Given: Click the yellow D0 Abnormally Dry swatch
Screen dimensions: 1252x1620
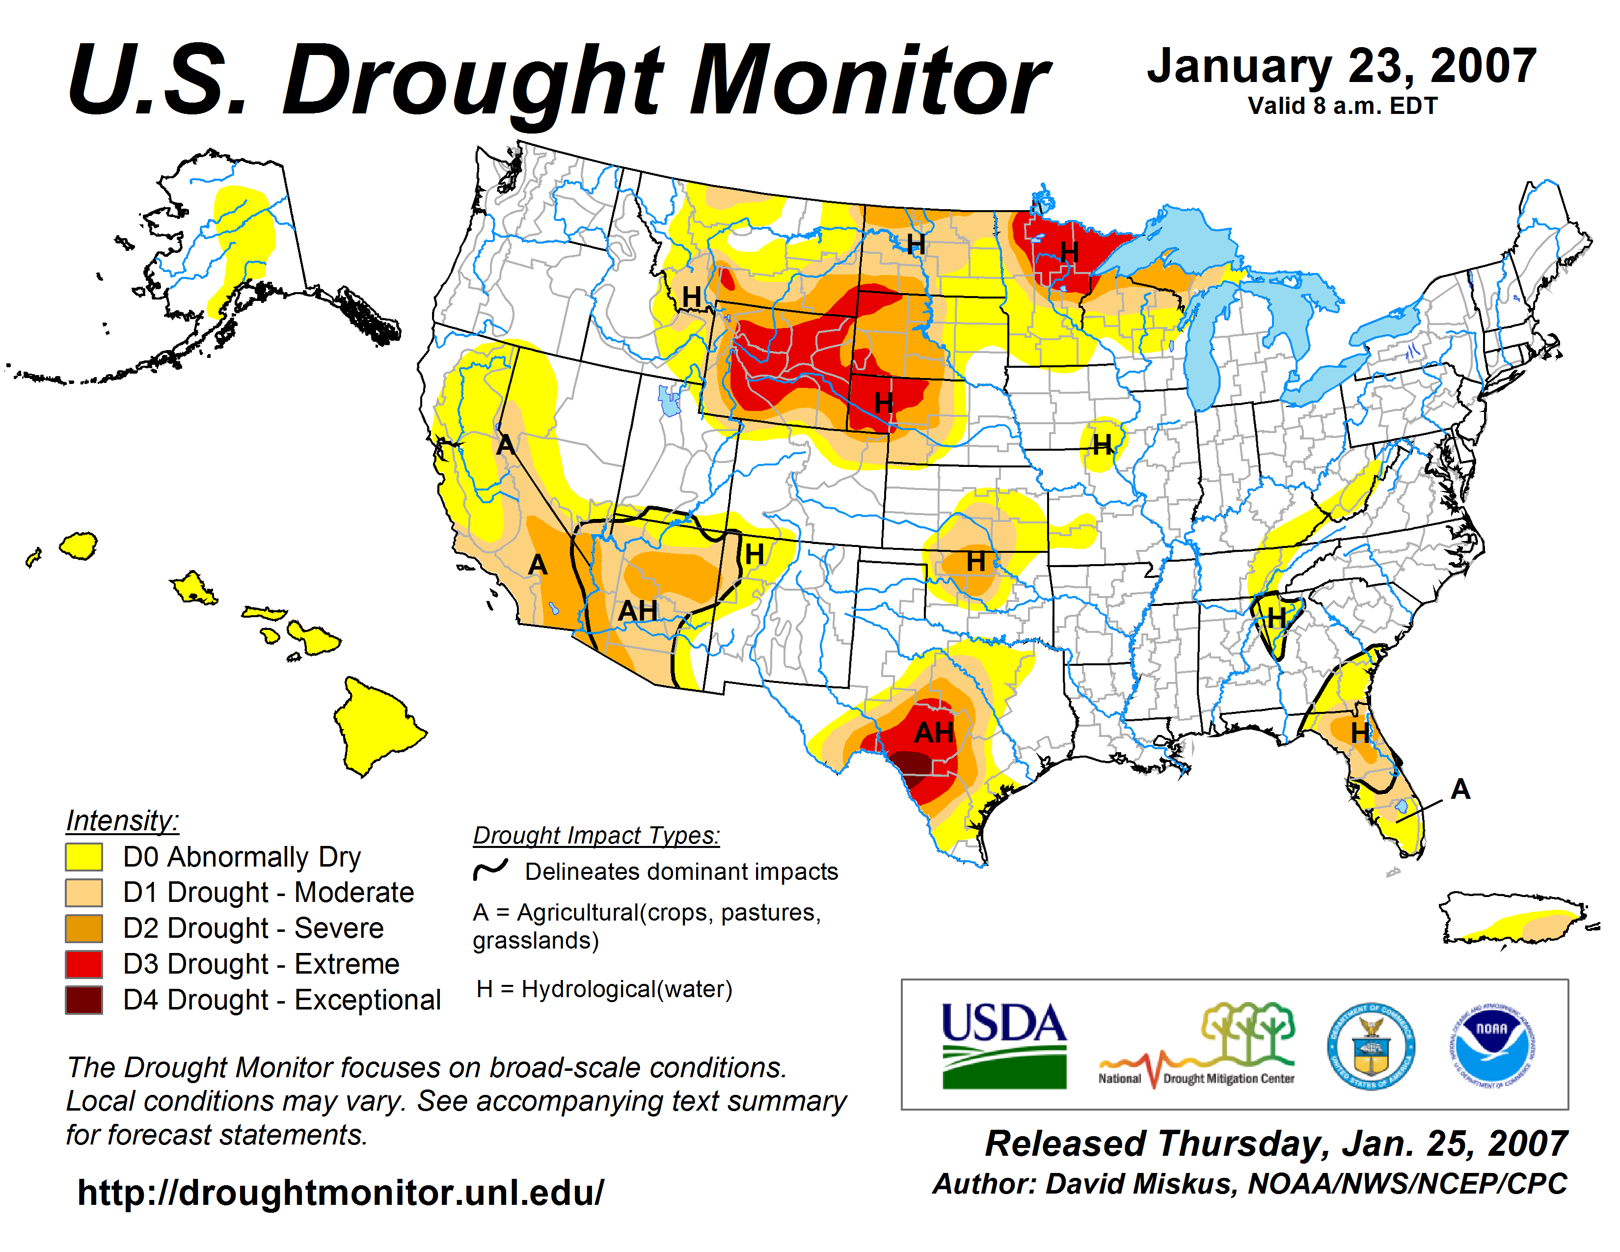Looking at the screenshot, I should tap(84, 857).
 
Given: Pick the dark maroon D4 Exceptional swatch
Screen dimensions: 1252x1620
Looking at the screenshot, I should tap(84, 1000).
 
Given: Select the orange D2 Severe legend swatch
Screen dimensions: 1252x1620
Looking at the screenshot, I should tap(84, 928).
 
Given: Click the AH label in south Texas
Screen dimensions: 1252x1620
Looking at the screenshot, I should tap(934, 733).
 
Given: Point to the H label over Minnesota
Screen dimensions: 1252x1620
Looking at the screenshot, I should tap(1069, 252).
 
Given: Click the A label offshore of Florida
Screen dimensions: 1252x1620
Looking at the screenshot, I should tap(1460, 789).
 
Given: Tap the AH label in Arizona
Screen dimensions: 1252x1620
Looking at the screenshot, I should tap(638, 611).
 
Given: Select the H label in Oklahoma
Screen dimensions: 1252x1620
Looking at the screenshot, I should tap(976, 562).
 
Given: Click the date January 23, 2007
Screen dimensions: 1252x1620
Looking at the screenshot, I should tap(1341, 67).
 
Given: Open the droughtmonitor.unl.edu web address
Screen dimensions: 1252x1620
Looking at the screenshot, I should tap(341, 1193).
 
